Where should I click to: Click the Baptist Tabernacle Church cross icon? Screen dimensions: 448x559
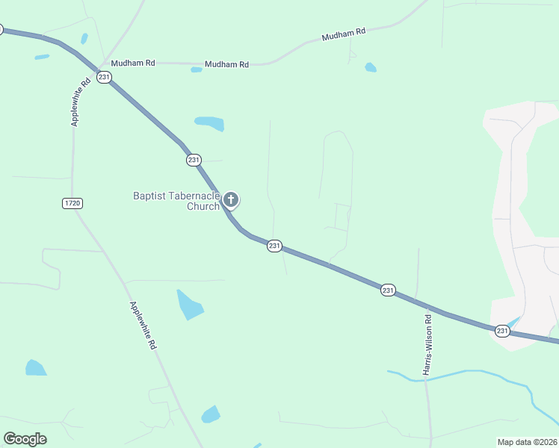click(232, 199)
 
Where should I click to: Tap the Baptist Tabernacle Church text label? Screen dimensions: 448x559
click(176, 201)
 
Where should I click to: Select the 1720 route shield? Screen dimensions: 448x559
click(72, 203)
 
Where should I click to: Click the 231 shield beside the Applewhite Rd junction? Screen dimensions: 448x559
click(104, 78)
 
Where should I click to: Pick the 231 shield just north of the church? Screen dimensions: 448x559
click(194, 160)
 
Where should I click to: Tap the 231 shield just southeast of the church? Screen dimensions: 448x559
click(274, 246)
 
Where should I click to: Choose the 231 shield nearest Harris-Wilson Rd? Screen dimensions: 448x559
click(387, 290)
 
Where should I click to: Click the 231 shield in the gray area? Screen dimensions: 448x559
click(502, 330)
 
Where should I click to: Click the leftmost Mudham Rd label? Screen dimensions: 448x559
click(133, 63)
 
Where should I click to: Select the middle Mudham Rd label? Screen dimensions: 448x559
click(226, 65)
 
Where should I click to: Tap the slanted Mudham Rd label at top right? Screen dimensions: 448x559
click(344, 34)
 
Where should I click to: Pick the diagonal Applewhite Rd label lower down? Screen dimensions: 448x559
click(143, 326)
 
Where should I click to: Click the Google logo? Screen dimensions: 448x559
click(25, 439)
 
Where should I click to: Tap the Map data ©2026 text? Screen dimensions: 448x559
click(527, 442)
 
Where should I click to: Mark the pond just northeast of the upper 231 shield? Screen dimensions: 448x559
click(210, 122)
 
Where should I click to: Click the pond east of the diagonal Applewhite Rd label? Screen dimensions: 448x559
click(190, 304)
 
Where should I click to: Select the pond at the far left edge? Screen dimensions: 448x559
click(35, 368)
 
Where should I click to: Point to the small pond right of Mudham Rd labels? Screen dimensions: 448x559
click(371, 68)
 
